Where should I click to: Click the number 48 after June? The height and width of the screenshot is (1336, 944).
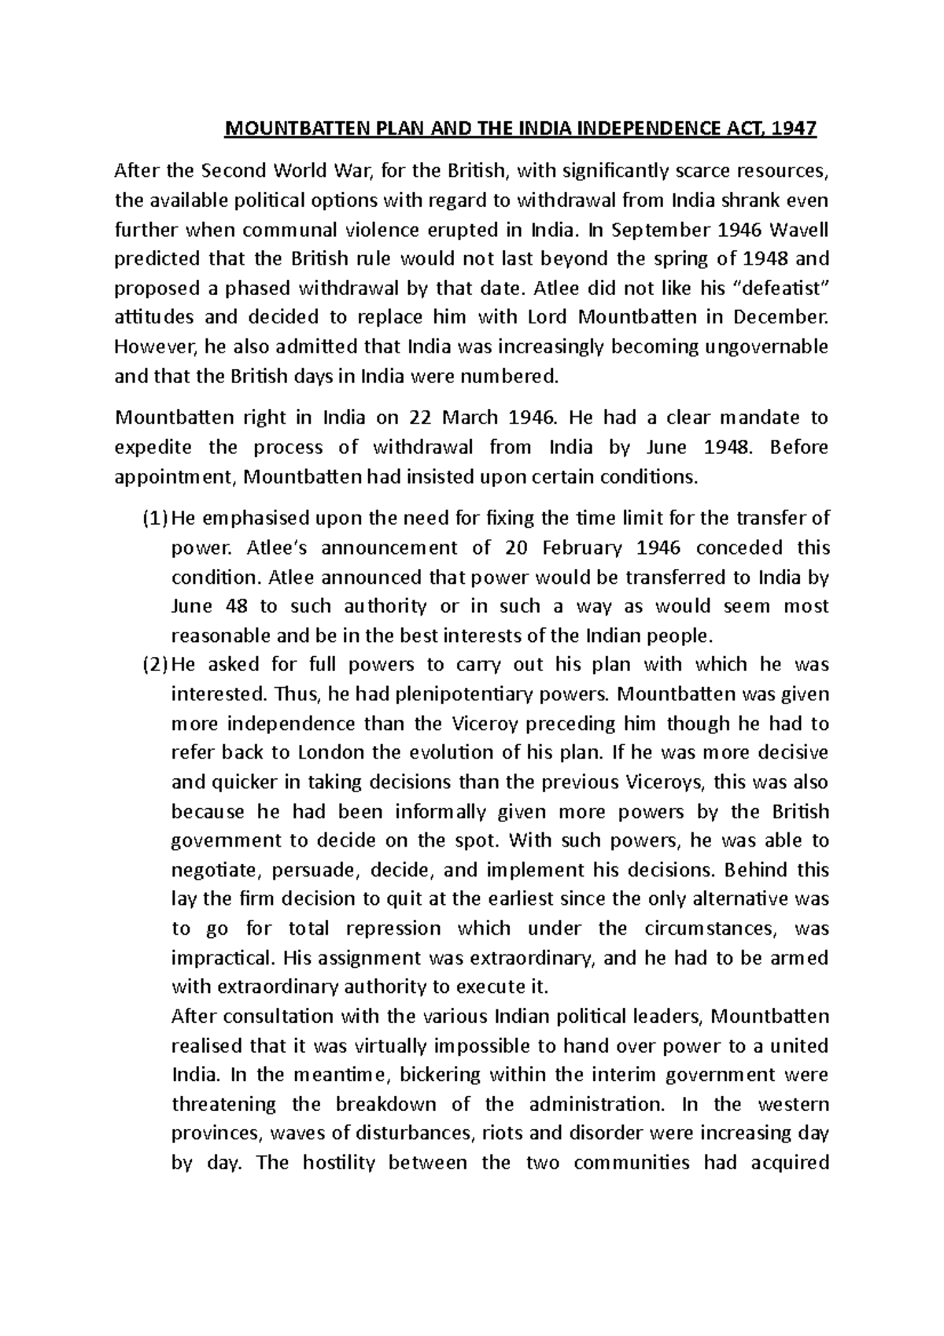click(234, 606)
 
